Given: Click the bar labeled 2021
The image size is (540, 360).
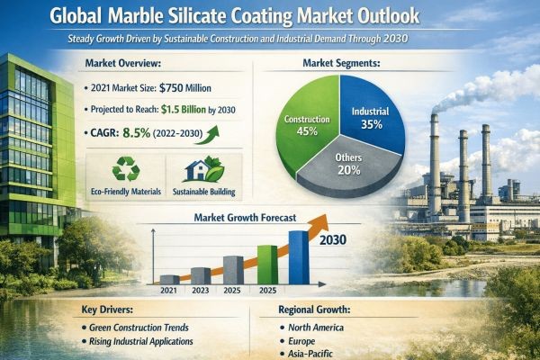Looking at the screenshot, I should (x=168, y=278).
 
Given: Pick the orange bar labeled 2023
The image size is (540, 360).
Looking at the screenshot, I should (x=201, y=274).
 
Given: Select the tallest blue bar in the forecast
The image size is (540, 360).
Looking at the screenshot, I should (x=298, y=256).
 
